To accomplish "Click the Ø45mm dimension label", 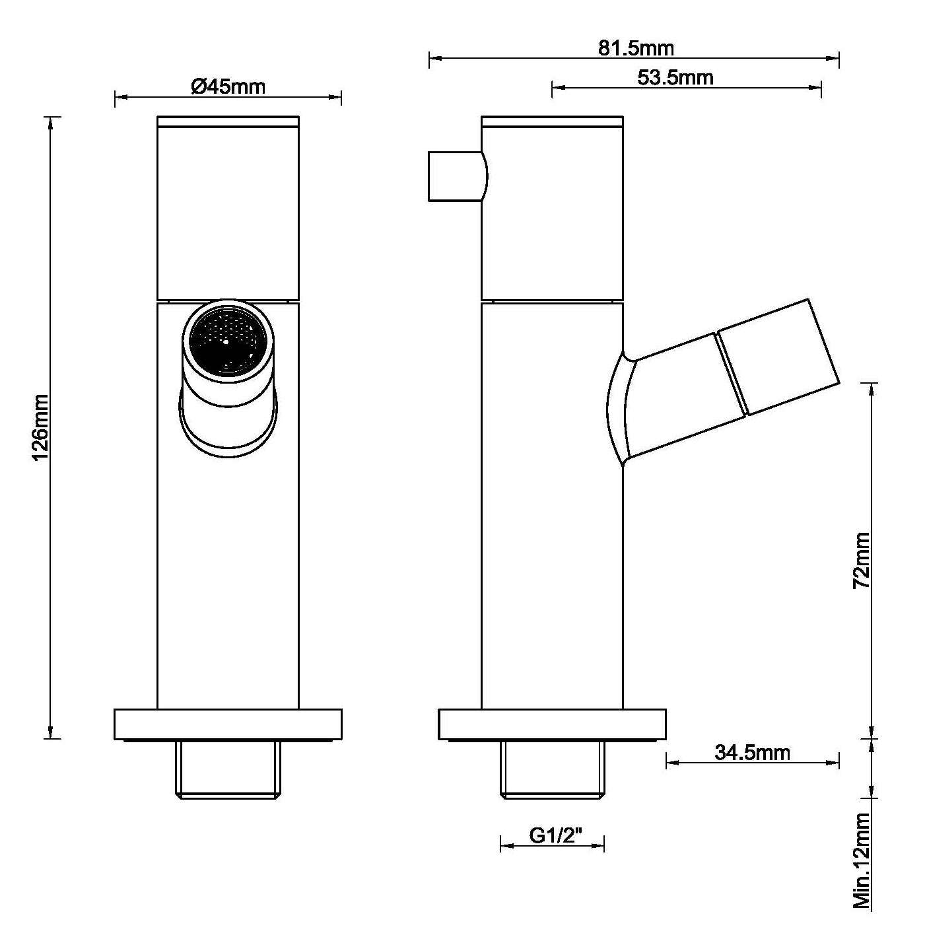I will tap(228, 87).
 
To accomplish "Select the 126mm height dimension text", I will tap(40, 427).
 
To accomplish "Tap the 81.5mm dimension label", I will tap(636, 48).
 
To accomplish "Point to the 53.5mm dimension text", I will tap(675, 77).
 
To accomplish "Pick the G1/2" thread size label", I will tap(555, 835).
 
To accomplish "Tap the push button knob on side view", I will tap(457, 176).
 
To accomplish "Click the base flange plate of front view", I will tap(228, 724).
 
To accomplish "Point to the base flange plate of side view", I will tap(552, 724).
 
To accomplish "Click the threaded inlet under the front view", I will tap(228, 769).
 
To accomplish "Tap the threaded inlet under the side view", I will tap(552, 769).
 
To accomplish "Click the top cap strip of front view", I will tap(228, 121).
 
